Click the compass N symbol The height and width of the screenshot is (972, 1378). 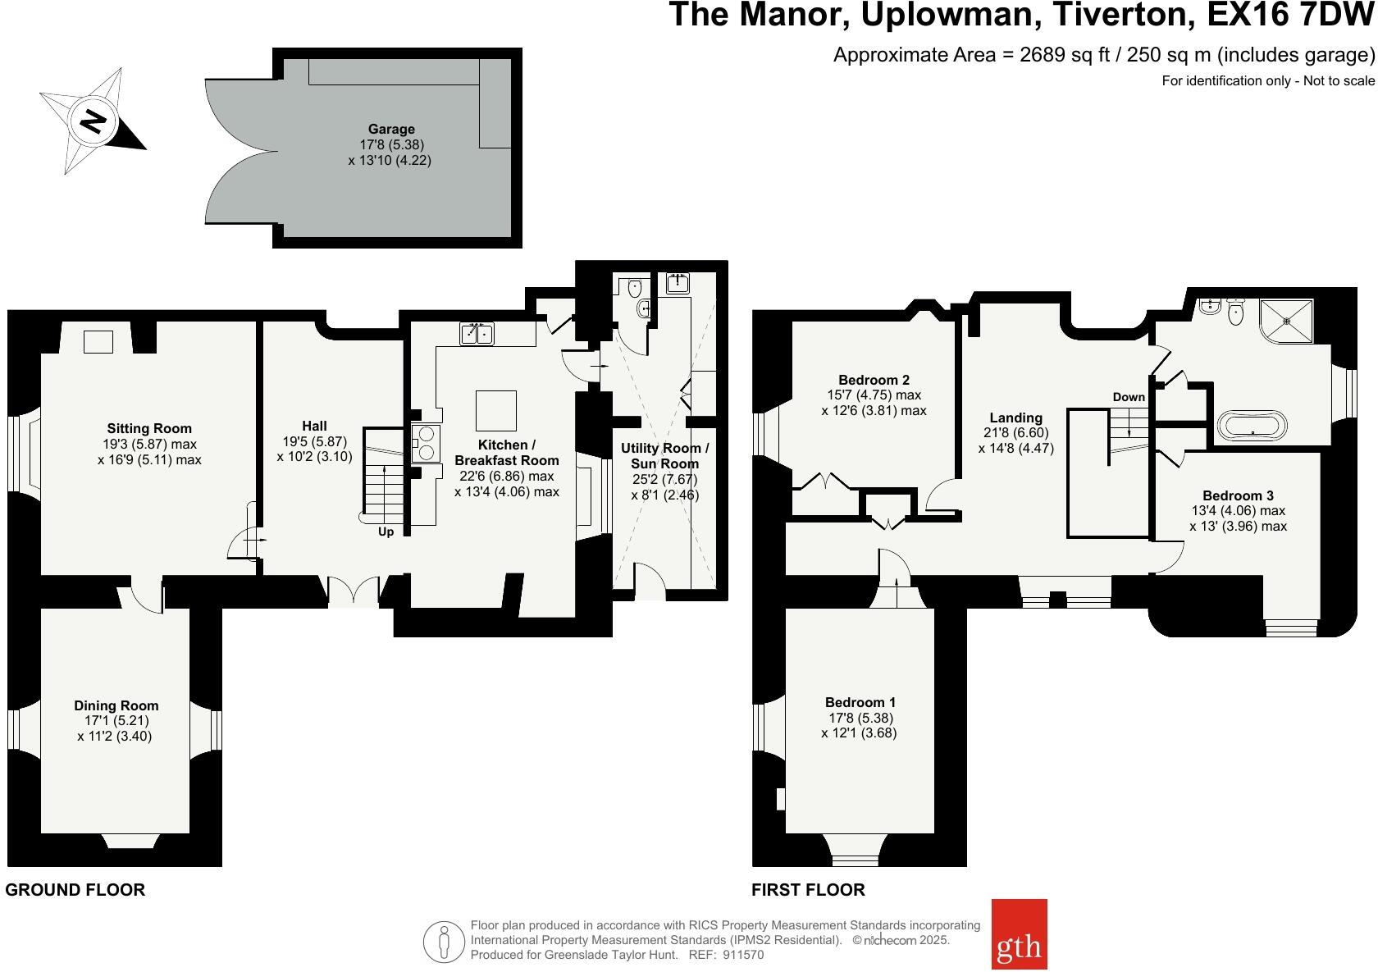pos(93,121)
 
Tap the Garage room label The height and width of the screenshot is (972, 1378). pos(390,129)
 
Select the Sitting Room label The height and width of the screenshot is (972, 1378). pos(149,428)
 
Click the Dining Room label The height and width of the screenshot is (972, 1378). pos(116,705)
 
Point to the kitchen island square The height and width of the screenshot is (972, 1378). pos(496,410)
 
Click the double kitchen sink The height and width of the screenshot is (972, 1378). pos(477,334)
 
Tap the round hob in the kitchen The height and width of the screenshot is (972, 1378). pos(427,443)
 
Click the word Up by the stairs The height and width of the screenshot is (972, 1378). pos(386,532)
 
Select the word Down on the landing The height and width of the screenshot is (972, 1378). pos(1129,397)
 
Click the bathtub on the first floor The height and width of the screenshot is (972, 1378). pos(1253,426)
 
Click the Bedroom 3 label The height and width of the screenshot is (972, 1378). pos(1238,495)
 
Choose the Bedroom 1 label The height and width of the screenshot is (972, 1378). pos(860,702)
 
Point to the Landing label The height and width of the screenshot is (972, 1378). pos(1015,418)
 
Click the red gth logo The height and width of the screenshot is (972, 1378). pos(1019,933)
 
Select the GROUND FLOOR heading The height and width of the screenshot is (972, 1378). pos(75,890)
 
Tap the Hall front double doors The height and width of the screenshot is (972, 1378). pos(354,591)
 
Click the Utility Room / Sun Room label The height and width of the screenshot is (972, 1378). pos(664,456)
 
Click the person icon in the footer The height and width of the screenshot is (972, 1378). pos(444,942)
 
